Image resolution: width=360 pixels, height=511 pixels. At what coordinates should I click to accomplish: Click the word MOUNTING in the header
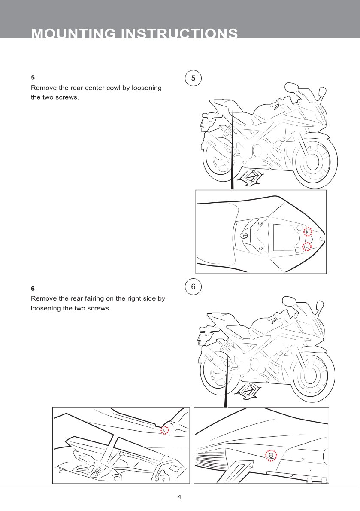click(x=73, y=33)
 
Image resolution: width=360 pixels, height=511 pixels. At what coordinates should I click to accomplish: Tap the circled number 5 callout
click(x=193, y=78)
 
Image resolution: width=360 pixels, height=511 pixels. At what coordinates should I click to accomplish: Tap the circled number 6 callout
click(x=193, y=287)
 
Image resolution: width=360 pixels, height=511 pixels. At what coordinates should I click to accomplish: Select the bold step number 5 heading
click(x=33, y=78)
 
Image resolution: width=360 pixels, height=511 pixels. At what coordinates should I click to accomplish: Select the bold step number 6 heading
click(x=33, y=288)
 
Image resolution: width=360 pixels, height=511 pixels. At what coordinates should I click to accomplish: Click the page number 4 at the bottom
click(x=179, y=497)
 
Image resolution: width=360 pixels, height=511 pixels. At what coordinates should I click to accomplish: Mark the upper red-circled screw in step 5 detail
click(x=308, y=232)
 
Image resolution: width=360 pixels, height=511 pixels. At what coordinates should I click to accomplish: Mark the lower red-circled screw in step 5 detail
click(x=306, y=246)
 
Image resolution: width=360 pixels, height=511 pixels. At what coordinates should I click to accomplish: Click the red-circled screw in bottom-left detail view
click(x=165, y=429)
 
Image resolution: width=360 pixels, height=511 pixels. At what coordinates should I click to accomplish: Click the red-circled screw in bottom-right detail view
click(x=271, y=455)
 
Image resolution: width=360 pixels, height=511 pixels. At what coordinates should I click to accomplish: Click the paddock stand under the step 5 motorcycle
click(x=249, y=177)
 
